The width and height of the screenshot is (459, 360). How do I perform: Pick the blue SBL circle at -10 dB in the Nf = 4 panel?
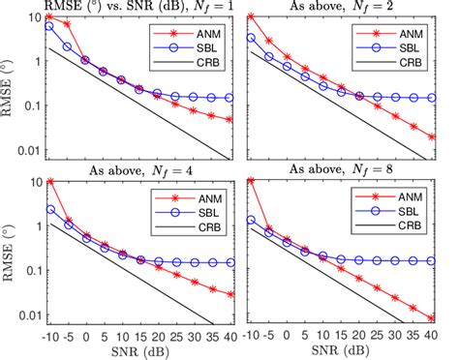(x=49, y=209)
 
